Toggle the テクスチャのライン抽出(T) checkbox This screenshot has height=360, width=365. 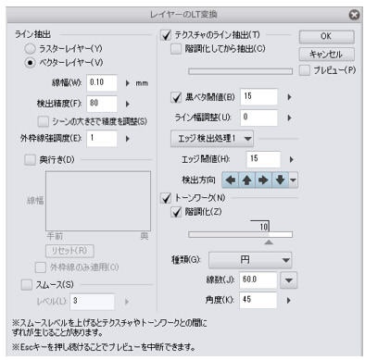155,34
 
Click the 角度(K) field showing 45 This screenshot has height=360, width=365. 258,300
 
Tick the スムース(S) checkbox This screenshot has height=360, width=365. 27,285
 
